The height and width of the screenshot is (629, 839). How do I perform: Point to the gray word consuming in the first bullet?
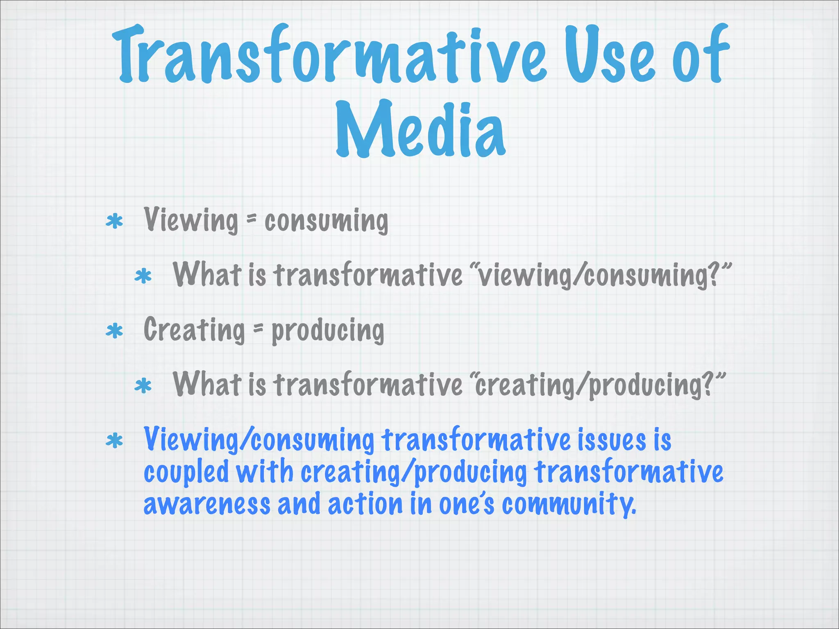tap(326, 222)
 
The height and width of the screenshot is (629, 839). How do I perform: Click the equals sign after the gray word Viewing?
tap(251, 220)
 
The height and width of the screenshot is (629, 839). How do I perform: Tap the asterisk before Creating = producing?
tap(114, 331)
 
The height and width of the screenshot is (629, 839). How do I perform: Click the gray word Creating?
tap(194, 330)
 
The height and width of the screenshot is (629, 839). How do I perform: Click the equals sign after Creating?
tap(258, 329)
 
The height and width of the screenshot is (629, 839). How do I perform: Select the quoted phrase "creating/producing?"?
tap(598, 385)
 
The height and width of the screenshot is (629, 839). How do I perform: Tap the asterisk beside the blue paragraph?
tap(114, 441)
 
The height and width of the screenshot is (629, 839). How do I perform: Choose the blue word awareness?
tap(207, 504)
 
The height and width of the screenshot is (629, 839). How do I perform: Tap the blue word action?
tap(365, 504)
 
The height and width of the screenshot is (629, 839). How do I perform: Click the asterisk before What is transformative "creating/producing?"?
tap(143, 386)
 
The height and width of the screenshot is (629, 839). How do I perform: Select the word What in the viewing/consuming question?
tap(207, 274)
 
